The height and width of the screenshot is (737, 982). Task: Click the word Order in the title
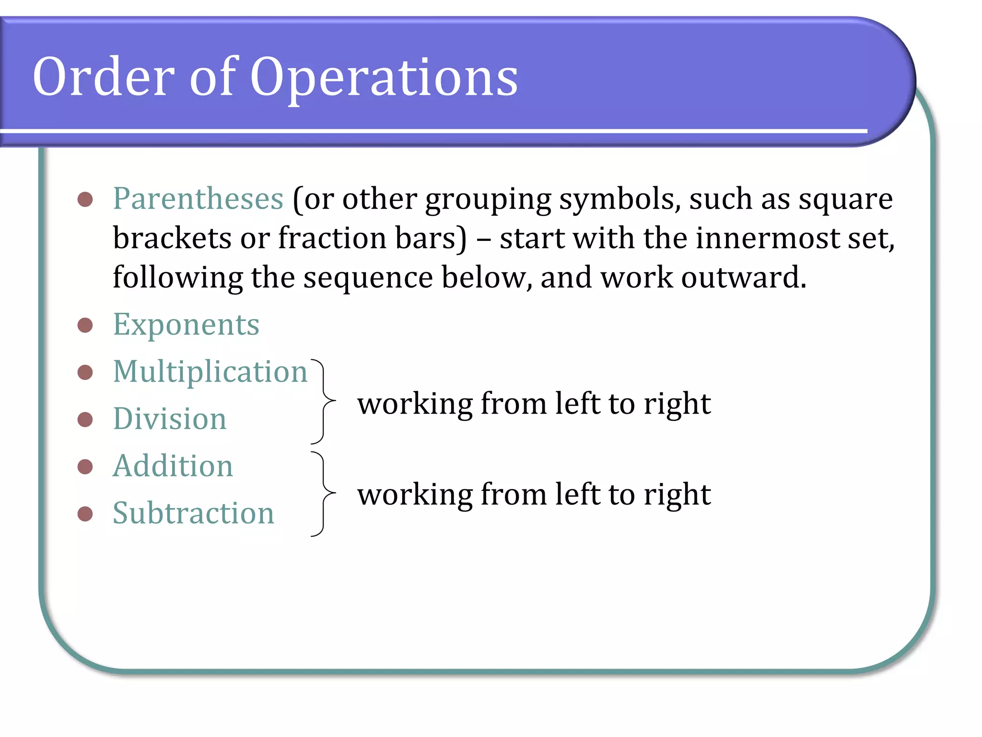pos(103,77)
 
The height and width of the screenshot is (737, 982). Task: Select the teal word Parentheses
pos(198,199)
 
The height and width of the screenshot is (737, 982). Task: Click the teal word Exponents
pos(186,325)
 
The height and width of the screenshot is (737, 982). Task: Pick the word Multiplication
pos(210,372)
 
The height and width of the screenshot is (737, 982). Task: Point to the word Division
pos(169,419)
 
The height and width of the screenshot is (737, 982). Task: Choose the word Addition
pos(173,466)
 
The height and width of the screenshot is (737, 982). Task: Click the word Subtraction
pos(193,513)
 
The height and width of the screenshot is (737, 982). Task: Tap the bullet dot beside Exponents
pos(85,325)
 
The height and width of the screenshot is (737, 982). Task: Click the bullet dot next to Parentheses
pos(85,199)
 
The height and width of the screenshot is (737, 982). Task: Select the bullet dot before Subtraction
pos(85,514)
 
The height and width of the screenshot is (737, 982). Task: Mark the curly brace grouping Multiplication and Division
pos(324,401)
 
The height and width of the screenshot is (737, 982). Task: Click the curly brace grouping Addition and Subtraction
pos(324,493)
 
